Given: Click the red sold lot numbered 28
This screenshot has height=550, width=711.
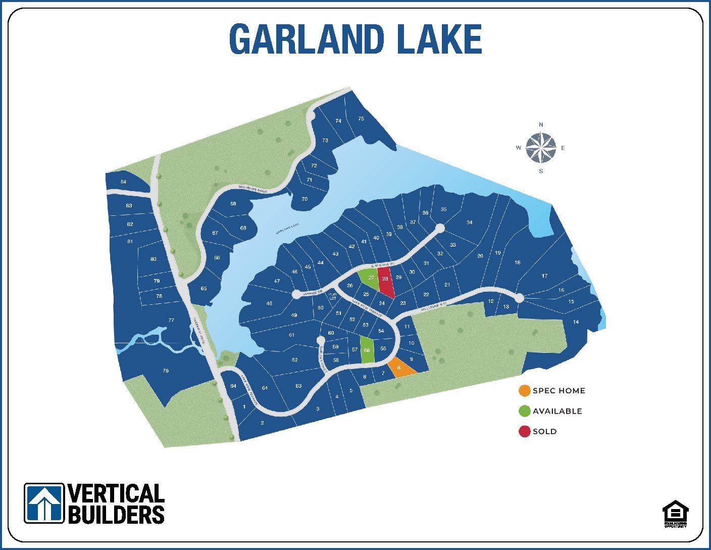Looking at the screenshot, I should [386, 282].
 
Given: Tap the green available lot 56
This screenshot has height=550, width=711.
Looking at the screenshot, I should [367, 350].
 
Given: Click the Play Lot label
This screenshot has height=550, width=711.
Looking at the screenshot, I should [332, 296].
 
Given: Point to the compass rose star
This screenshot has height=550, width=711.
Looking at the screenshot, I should [541, 148].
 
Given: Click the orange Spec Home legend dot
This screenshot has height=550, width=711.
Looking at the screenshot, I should [525, 391].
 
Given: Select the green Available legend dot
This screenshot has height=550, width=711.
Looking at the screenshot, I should [525, 411].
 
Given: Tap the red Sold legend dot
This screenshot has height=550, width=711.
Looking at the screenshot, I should [525, 431].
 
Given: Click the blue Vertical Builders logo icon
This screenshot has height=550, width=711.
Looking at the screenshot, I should [44, 503].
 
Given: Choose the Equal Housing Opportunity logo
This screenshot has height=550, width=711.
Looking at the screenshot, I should [675, 513].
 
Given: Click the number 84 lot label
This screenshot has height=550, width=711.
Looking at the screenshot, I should [124, 182].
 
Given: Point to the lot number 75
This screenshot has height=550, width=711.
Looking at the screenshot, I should [361, 119].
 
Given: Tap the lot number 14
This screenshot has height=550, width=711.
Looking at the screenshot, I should [576, 322].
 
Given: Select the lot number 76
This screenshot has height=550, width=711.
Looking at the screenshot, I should [166, 371].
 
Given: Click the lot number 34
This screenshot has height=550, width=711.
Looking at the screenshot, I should [470, 222].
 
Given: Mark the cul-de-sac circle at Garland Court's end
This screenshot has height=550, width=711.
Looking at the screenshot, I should [320, 340].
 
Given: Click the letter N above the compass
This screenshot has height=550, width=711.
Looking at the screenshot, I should [541, 124].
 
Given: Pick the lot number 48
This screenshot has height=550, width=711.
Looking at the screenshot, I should [269, 303].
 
